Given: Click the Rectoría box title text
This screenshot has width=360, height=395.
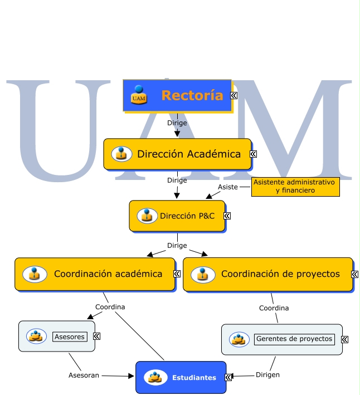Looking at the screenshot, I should pyautogui.click(x=192, y=95).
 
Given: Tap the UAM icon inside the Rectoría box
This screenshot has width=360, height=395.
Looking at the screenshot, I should pyautogui.click(x=139, y=95).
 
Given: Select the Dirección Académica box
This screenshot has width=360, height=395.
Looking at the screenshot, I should pyautogui.click(x=178, y=154).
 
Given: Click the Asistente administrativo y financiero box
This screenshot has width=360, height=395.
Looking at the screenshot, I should pyautogui.click(x=295, y=187).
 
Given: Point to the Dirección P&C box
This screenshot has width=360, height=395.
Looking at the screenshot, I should pyautogui.click(x=177, y=216).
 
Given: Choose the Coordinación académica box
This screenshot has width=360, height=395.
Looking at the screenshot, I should pyautogui.click(x=95, y=274).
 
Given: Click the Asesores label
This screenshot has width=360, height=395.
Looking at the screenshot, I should pyautogui.click(x=70, y=337).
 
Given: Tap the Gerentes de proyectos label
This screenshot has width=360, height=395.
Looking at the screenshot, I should pyautogui.click(x=294, y=339).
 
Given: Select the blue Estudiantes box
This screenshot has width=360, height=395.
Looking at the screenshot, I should pyautogui.click(x=181, y=377).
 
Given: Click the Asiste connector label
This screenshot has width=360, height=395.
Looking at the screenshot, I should pyautogui.click(x=227, y=187).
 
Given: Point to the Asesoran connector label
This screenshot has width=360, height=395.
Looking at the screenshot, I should pyautogui.click(x=84, y=376).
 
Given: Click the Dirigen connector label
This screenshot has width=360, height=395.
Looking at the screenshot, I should pyautogui.click(x=267, y=375).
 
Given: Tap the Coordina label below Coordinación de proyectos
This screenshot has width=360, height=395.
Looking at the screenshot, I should pyautogui.click(x=274, y=308).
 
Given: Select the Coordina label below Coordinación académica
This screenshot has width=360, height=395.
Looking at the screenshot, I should pyautogui.click(x=110, y=307).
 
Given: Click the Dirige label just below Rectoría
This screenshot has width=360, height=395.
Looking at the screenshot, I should pyautogui.click(x=177, y=123).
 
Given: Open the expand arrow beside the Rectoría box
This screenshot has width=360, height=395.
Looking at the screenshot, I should pyautogui.click(x=235, y=96).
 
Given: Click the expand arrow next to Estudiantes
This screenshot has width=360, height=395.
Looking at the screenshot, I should pyautogui.click(x=228, y=377).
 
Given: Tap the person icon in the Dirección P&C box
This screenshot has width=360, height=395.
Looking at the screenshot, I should pyautogui.click(x=147, y=216).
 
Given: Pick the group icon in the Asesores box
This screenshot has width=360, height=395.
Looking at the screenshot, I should pyautogui.click(x=36, y=336).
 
